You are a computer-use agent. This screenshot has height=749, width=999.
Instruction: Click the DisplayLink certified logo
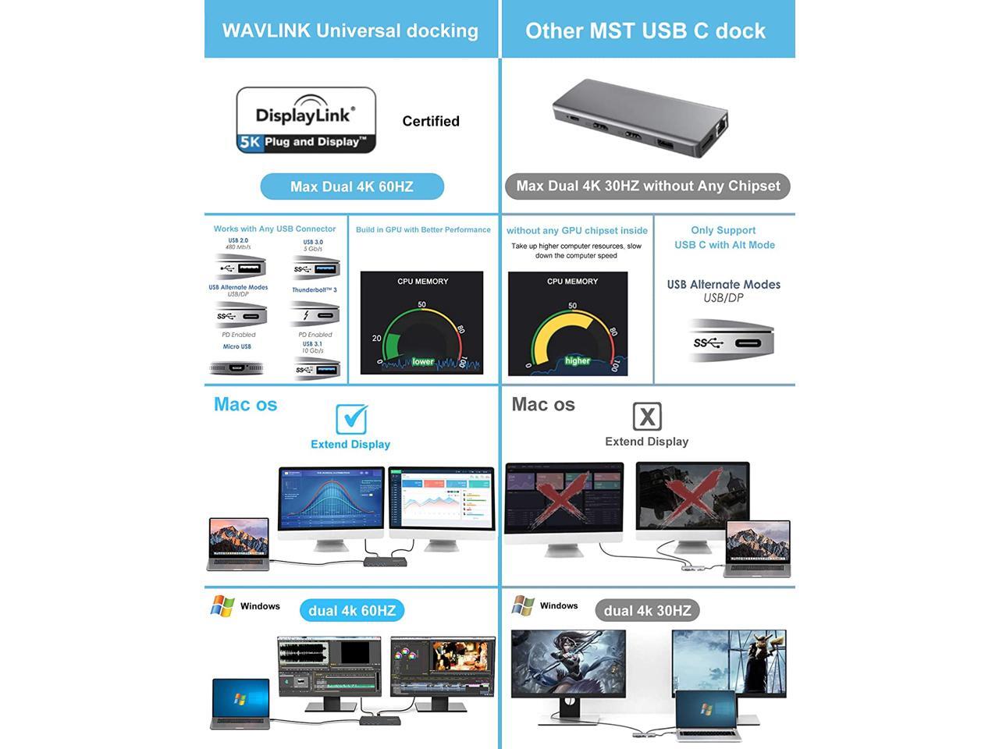(306, 120)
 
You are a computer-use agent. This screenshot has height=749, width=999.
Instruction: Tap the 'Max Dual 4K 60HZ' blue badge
(352, 186)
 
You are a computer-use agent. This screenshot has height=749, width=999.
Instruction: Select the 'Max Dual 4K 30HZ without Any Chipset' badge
(648, 186)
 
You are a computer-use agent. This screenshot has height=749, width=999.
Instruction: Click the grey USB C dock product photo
(641, 117)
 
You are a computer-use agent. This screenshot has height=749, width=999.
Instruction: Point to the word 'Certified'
(431, 121)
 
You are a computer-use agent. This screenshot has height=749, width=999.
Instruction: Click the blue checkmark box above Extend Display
(351, 419)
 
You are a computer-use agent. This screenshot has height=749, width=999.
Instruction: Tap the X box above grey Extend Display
(646, 417)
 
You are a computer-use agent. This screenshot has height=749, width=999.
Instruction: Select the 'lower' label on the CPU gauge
(423, 361)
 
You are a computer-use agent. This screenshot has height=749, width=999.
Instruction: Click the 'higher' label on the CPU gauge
(578, 360)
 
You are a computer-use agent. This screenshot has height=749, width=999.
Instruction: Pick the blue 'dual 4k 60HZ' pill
(352, 610)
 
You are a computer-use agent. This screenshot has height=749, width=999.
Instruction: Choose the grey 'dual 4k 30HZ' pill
(647, 610)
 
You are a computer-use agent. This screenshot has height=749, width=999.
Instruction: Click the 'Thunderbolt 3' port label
(315, 290)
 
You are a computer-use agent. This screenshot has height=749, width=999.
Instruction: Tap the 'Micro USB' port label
(237, 346)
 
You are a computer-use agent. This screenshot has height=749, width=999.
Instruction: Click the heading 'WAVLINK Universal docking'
(350, 30)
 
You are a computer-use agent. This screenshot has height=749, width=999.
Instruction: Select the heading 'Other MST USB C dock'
(645, 30)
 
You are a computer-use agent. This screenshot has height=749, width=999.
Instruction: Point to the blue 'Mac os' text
(246, 404)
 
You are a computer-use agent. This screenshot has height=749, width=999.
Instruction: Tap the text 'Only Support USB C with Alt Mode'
(724, 237)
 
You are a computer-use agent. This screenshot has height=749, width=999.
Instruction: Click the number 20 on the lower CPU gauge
(377, 338)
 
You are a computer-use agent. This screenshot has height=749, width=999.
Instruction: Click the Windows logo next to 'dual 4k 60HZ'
(222, 606)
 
